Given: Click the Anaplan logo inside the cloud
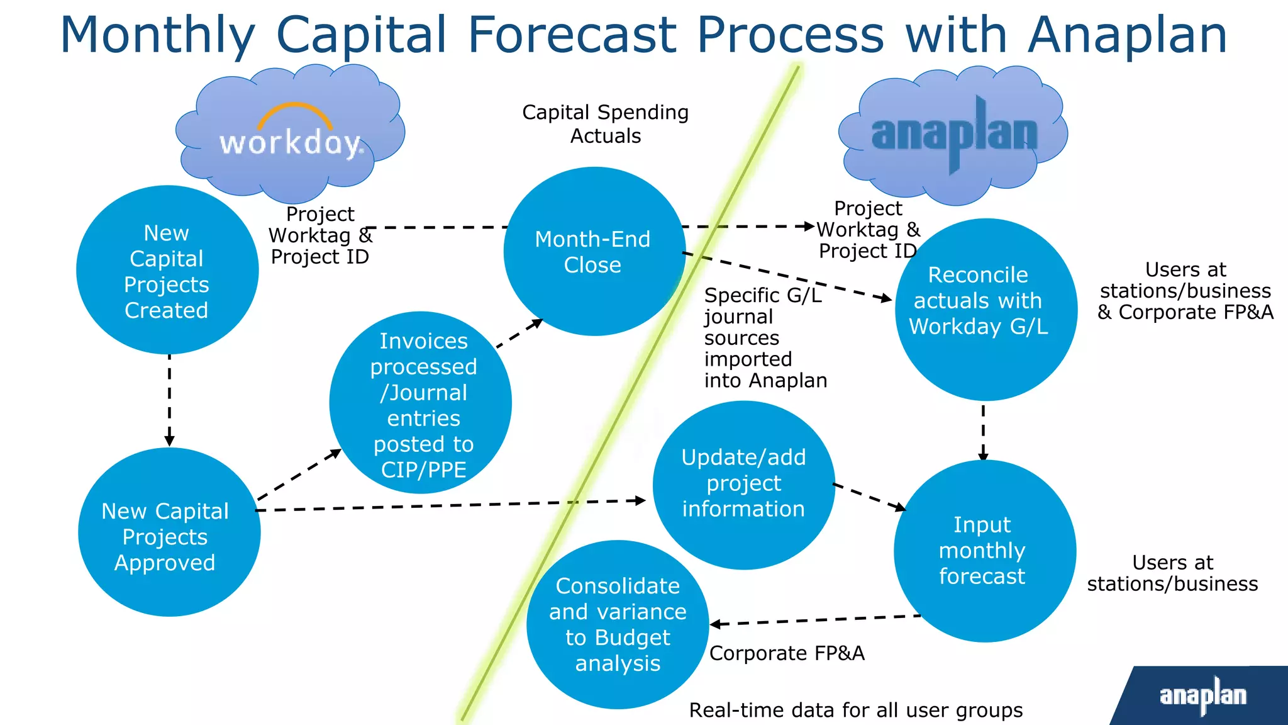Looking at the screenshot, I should [x=953, y=134].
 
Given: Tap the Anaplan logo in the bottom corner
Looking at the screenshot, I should [x=1202, y=695].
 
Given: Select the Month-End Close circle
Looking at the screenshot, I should [x=594, y=252].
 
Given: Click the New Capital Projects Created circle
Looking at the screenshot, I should [x=167, y=271].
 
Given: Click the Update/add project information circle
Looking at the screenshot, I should [x=743, y=485].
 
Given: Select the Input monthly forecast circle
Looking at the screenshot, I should [x=984, y=551].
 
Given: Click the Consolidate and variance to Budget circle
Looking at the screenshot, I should [x=618, y=624].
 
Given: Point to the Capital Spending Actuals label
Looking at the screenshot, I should [x=605, y=124].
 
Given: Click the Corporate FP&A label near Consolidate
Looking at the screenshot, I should [x=787, y=653].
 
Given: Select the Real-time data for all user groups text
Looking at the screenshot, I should [x=855, y=710].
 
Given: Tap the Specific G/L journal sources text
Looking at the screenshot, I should [x=764, y=338].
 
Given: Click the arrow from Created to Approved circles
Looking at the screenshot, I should [x=169, y=400].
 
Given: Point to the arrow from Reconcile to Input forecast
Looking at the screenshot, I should [x=983, y=432].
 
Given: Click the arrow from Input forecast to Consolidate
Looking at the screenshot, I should [x=815, y=621].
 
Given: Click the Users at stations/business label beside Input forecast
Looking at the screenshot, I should [x=1172, y=573].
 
